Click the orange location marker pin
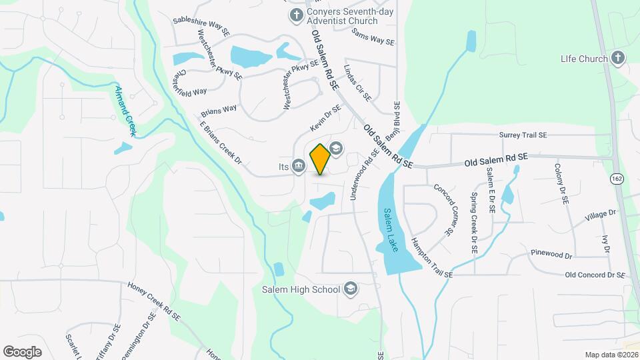320,159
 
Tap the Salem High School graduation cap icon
351,289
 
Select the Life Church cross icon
617,58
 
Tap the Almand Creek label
125,111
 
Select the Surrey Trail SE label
523,135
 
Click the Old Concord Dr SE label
595,275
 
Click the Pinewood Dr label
551,254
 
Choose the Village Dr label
601,215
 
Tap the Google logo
22,351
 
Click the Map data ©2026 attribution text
611,355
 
